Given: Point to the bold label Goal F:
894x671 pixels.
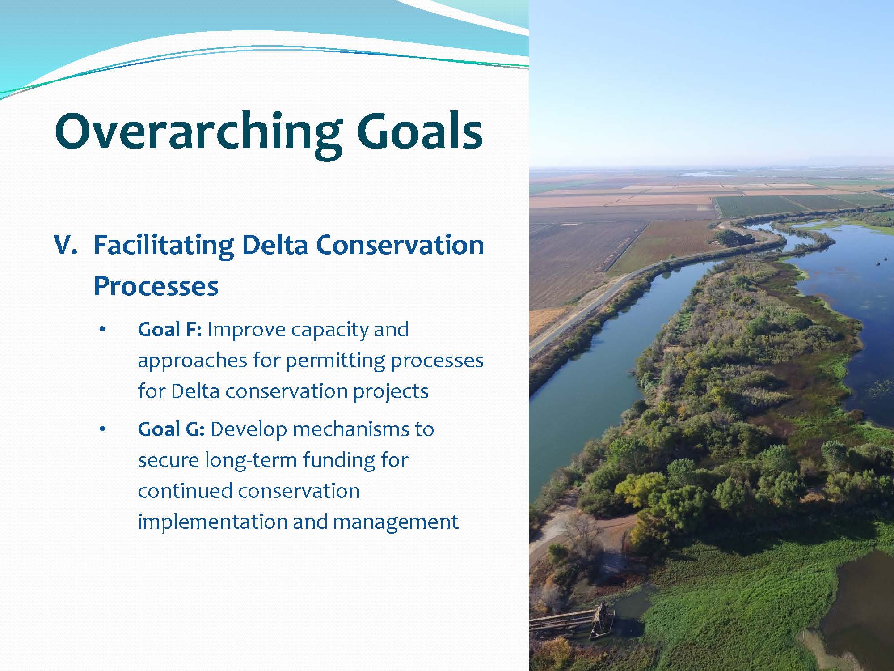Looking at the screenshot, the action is (x=170, y=330).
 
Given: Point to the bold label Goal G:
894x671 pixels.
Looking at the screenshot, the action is (x=171, y=429).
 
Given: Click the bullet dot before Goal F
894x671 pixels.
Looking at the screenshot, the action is (x=102, y=330).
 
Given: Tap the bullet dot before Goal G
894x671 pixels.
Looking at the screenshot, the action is (x=102, y=430).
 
